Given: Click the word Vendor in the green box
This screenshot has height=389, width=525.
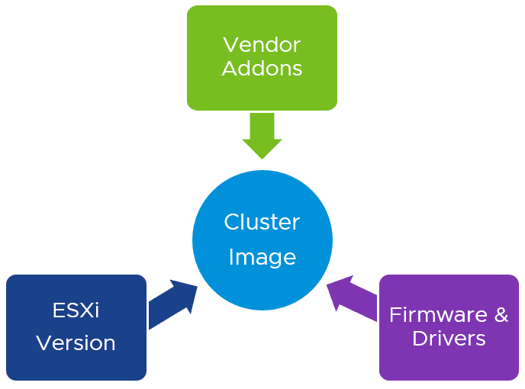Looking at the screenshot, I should coord(262,44).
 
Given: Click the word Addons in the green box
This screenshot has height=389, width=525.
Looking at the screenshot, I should coord(262,69).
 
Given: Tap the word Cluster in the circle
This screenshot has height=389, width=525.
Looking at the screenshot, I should coord(262,222).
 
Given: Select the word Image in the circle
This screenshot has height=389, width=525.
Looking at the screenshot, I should coord(262,257).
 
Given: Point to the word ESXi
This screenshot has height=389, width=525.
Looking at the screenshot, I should coord(76,310).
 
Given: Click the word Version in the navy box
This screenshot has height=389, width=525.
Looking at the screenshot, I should coord(76,342).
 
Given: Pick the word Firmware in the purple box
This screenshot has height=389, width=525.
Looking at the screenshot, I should coord(437,314).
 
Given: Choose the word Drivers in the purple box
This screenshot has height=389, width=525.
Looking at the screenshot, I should coord(449,338).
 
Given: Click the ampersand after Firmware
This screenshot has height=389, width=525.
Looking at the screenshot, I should coord(501,314).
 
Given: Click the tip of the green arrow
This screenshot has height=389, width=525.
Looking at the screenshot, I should coord(262,158).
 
